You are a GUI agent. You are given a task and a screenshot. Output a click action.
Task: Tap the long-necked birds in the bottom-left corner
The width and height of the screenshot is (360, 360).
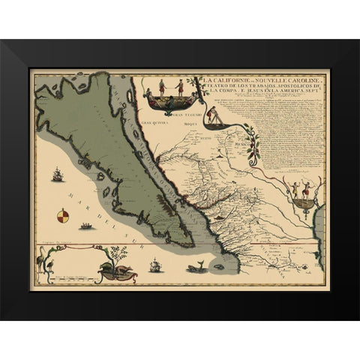coord(40,263)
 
